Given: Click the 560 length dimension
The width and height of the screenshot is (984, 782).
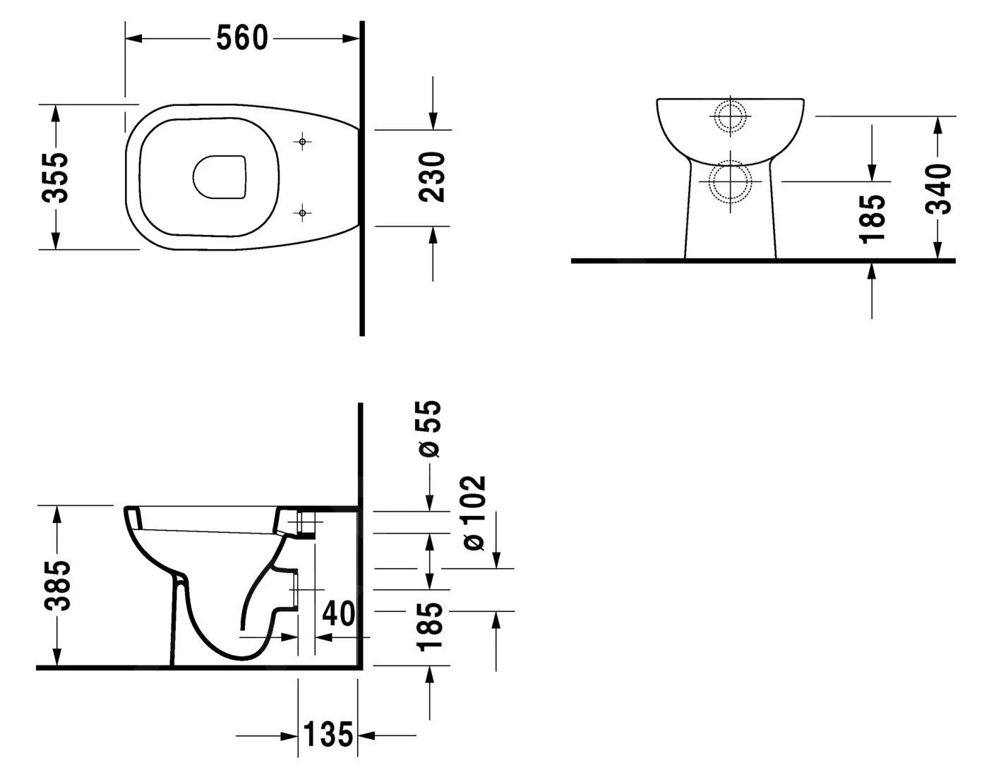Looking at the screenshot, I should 241,38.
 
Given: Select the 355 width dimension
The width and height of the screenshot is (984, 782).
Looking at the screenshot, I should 54,177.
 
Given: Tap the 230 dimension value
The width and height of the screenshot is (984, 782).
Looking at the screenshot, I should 431,177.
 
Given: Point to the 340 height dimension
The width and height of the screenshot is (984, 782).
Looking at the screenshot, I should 939,188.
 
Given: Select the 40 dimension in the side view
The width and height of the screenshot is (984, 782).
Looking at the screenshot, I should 338,613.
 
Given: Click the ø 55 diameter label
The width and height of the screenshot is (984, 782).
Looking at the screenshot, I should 429,428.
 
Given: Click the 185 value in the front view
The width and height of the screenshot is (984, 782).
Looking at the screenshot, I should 873,218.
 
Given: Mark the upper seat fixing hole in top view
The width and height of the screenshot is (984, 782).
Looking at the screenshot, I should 302,143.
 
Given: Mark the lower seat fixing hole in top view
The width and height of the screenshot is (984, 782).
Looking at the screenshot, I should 302,212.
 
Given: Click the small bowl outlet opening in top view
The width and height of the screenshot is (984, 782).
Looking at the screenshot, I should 220,176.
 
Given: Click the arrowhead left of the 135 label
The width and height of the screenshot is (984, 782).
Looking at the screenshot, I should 289,736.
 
